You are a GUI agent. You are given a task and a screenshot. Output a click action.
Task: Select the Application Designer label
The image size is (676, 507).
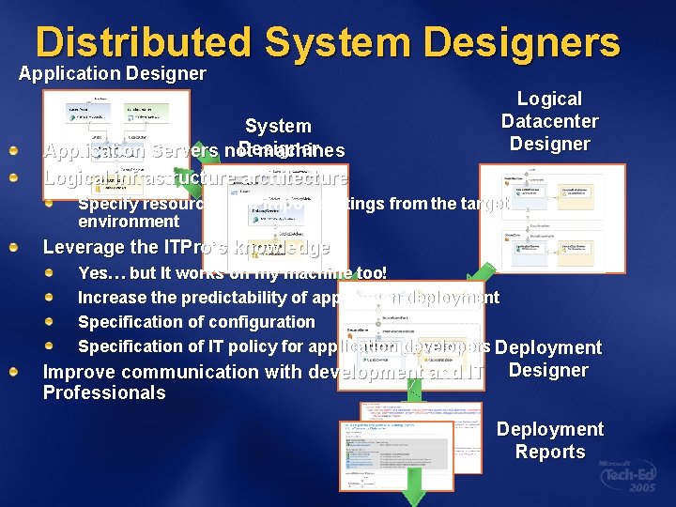coord(113,73)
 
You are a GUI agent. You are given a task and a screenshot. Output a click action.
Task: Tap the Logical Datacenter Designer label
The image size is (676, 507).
coord(549,121)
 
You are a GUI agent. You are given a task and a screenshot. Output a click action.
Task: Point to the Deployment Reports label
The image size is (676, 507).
coord(549,440)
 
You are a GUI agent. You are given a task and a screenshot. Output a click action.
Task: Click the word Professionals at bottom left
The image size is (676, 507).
coord(104,393)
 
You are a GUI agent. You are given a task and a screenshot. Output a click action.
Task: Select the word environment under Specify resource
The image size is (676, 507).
coord(129,222)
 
